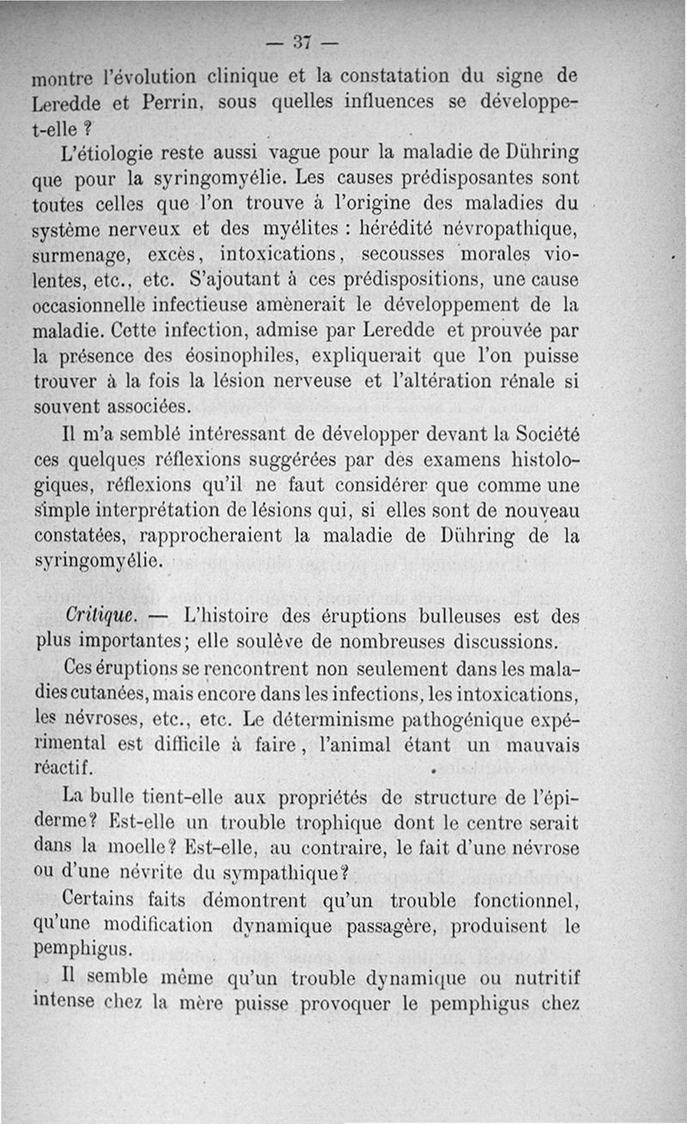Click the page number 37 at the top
tap(301, 42)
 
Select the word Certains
tap(106, 901)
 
